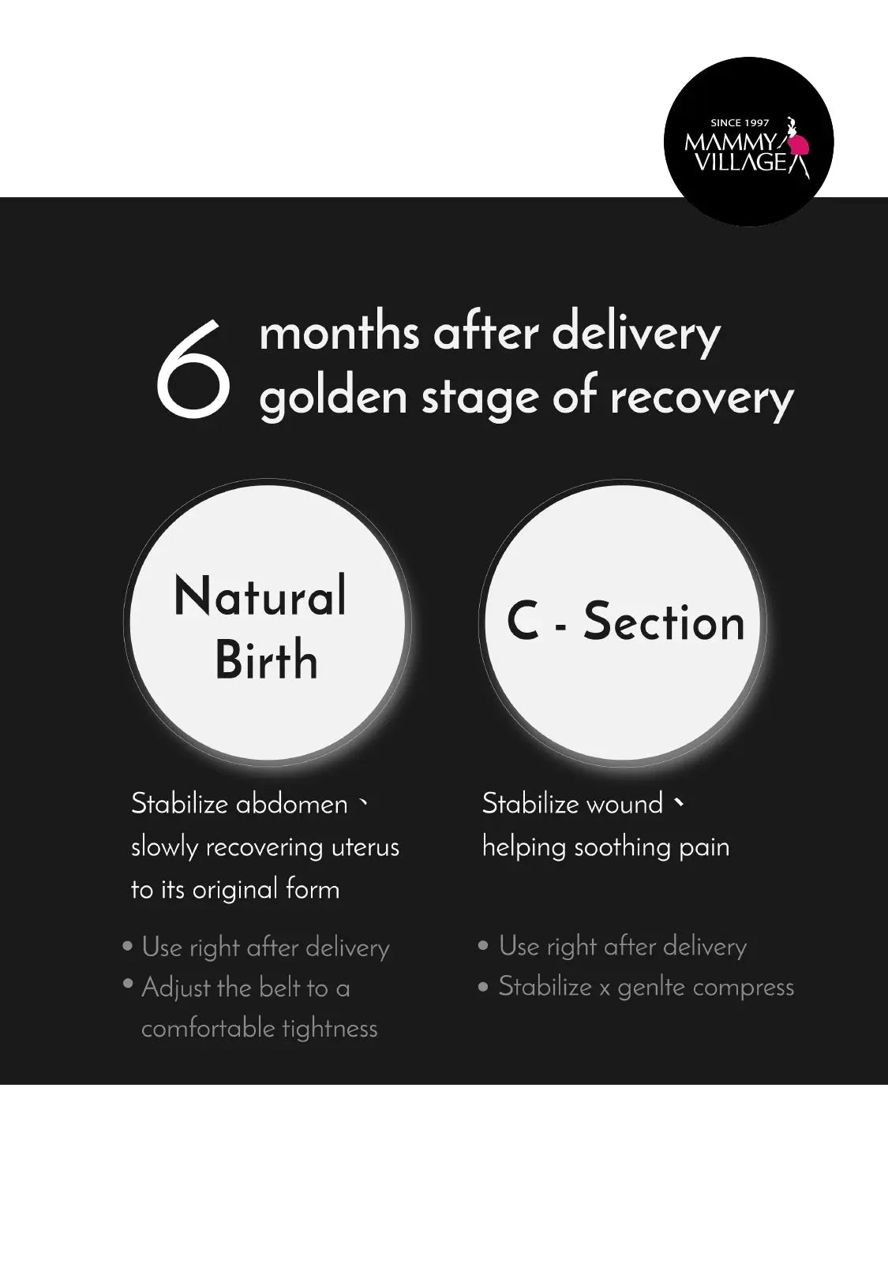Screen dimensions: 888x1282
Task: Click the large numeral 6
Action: tap(193, 368)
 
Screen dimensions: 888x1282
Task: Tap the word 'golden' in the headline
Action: tap(333, 398)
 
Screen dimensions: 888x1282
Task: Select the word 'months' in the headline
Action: tap(339, 334)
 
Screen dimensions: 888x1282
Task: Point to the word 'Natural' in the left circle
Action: tap(260, 596)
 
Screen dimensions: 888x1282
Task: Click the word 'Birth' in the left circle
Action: tap(266, 659)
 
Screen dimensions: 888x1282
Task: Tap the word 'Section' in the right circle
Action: tap(664, 622)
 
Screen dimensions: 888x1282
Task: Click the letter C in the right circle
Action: tap(523, 622)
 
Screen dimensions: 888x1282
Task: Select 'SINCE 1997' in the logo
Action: tap(740, 122)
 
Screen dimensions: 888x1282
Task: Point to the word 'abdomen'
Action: tap(291, 804)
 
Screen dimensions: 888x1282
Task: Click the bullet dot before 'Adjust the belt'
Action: tap(128, 983)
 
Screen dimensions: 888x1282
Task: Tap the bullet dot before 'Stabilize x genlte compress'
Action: tap(483, 987)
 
